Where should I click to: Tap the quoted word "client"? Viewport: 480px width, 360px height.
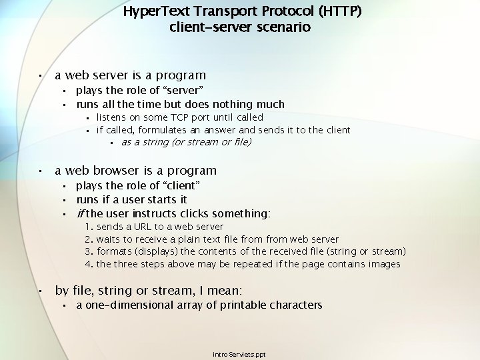(x=178, y=185)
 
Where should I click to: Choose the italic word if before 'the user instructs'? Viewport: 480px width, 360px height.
(x=80, y=214)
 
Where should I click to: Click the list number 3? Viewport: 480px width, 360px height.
(x=89, y=251)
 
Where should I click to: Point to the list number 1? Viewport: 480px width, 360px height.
(x=89, y=227)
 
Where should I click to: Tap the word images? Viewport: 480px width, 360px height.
(x=384, y=264)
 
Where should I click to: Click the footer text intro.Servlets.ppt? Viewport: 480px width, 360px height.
(x=239, y=354)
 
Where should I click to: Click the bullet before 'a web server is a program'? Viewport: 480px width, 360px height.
(x=40, y=76)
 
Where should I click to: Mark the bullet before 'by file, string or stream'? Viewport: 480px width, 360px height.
(x=40, y=291)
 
